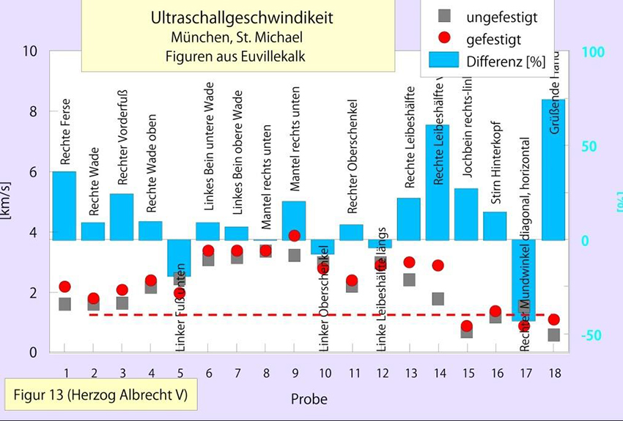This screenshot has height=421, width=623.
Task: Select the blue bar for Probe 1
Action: pos(64,206)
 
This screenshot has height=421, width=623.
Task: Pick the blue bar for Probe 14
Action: pos(438,182)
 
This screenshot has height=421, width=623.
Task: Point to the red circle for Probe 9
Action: pos(294,236)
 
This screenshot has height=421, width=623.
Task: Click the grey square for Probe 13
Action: pos(409,280)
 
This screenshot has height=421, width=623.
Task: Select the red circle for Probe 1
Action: pos(64,286)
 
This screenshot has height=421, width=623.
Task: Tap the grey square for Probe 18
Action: pos(553,335)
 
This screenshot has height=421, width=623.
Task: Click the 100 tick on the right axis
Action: pos(593,52)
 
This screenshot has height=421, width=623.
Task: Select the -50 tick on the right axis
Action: pos(593,335)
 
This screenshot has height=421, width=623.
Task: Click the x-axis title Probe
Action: pos(309,399)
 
